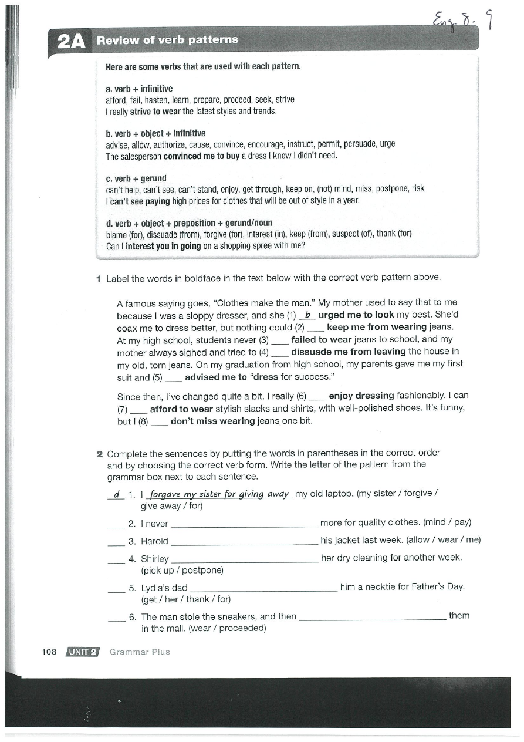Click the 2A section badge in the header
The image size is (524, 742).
[x=71, y=41]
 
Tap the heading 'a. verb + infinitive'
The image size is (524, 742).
[x=139, y=89]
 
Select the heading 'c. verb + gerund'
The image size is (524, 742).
[x=136, y=178]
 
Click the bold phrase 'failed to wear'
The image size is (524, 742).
[x=321, y=339]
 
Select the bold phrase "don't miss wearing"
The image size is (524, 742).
[x=212, y=421]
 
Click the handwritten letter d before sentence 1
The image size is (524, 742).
[x=116, y=494]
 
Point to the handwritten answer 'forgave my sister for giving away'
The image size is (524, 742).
[x=219, y=494]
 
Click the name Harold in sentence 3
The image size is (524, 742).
[x=154, y=541]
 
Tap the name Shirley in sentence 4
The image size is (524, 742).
[x=155, y=559]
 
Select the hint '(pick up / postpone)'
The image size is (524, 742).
[x=182, y=570]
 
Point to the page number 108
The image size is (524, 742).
[x=49, y=652]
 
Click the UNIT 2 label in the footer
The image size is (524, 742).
[x=83, y=652]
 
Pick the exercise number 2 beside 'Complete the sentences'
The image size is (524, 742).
[x=100, y=453]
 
